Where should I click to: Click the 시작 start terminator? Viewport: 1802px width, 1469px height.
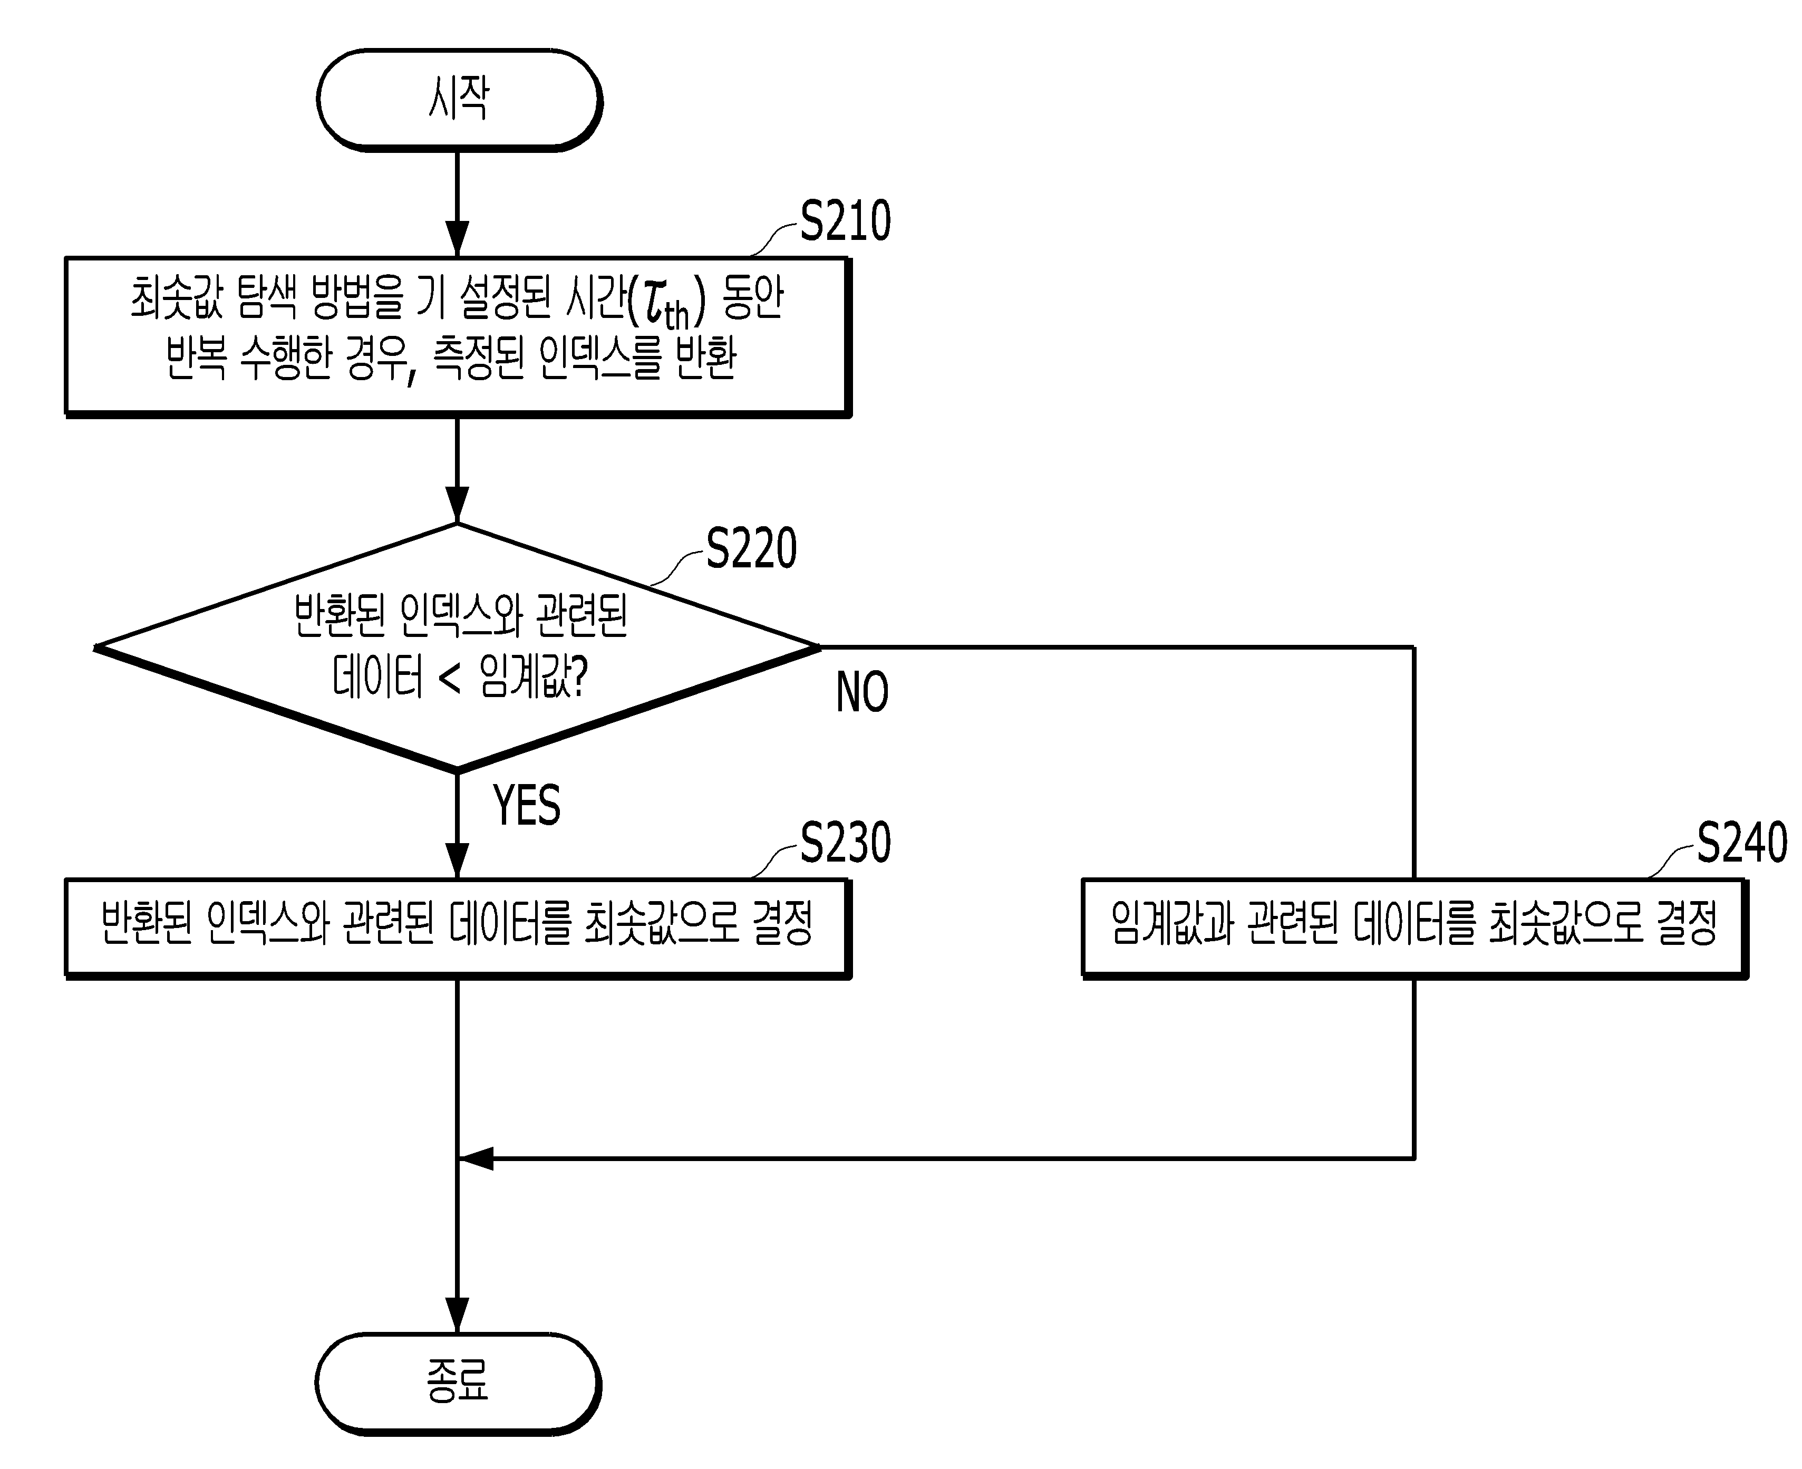click(x=459, y=100)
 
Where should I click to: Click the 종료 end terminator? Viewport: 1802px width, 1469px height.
click(x=458, y=1383)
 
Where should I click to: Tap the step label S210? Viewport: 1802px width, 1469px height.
click(x=845, y=221)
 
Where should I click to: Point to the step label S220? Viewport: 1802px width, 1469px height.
click(x=751, y=548)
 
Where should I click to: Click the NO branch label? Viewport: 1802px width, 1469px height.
click(x=862, y=692)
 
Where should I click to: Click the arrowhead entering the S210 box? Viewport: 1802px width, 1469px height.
click(x=457, y=239)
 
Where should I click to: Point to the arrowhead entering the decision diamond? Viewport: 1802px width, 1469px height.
click(x=457, y=505)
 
